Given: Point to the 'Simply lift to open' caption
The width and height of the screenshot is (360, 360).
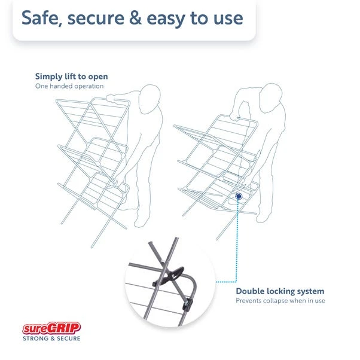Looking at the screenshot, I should click(71, 77).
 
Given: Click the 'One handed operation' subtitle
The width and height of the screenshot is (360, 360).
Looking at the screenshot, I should click(69, 86).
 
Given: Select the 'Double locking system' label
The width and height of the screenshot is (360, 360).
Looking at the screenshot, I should click(280, 291).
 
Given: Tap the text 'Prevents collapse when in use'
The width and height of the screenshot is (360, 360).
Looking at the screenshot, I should click(280, 301).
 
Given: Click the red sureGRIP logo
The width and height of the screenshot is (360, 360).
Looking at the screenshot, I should click(51, 328).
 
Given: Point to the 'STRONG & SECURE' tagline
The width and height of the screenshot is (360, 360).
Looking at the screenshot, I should click(51, 338).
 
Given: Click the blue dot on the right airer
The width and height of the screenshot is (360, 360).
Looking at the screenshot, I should click(239, 195).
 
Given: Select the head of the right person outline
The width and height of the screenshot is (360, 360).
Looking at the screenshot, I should click(273, 96).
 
